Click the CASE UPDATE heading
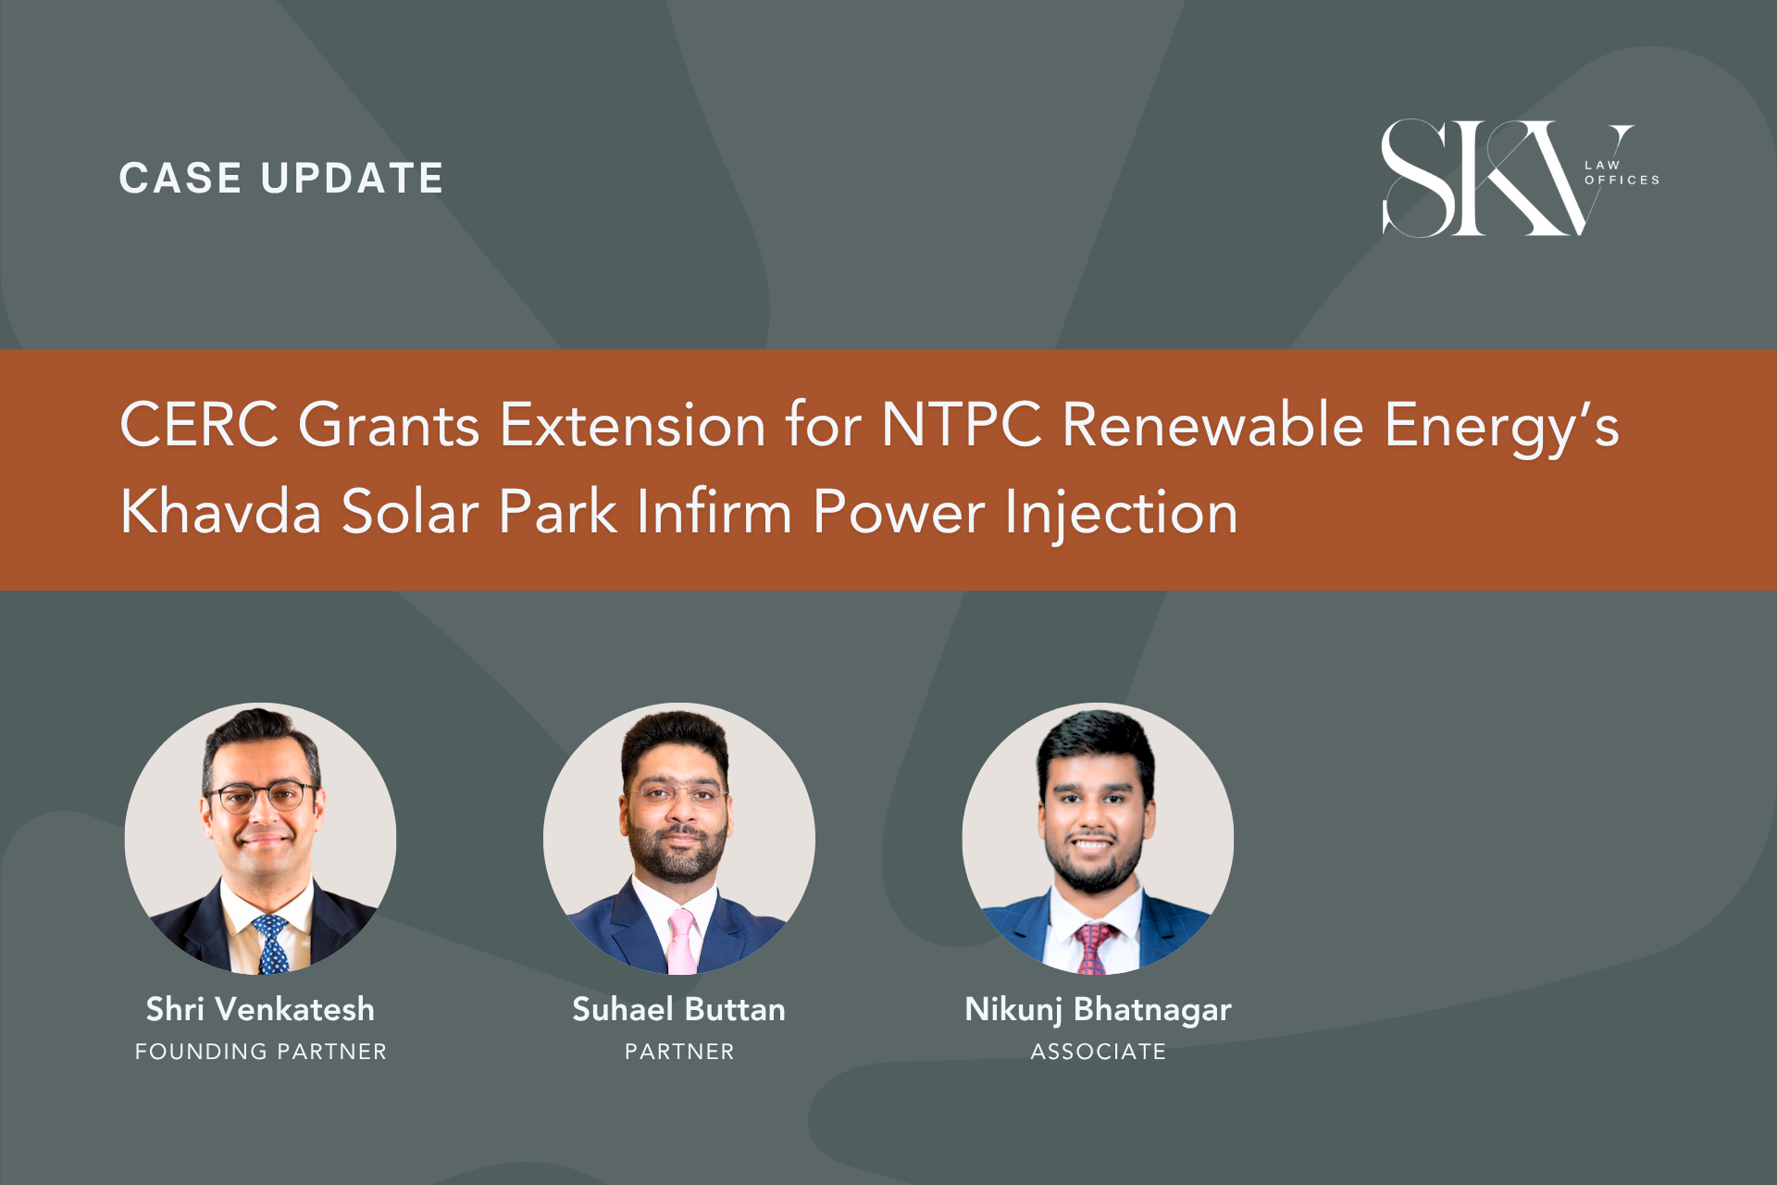(281, 179)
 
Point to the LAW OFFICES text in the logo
(1622, 173)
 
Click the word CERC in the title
(199, 425)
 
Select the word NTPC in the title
(962, 425)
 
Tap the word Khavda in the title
(221, 512)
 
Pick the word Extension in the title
(633, 425)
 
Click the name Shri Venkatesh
(260, 1009)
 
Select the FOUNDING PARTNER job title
(261, 1052)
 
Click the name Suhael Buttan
(678, 1009)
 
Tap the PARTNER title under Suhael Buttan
(679, 1052)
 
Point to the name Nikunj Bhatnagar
(1098, 1010)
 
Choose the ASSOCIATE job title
(1099, 1052)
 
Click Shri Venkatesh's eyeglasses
(261, 796)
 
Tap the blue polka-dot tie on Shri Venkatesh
(271, 944)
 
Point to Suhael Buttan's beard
(677, 847)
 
